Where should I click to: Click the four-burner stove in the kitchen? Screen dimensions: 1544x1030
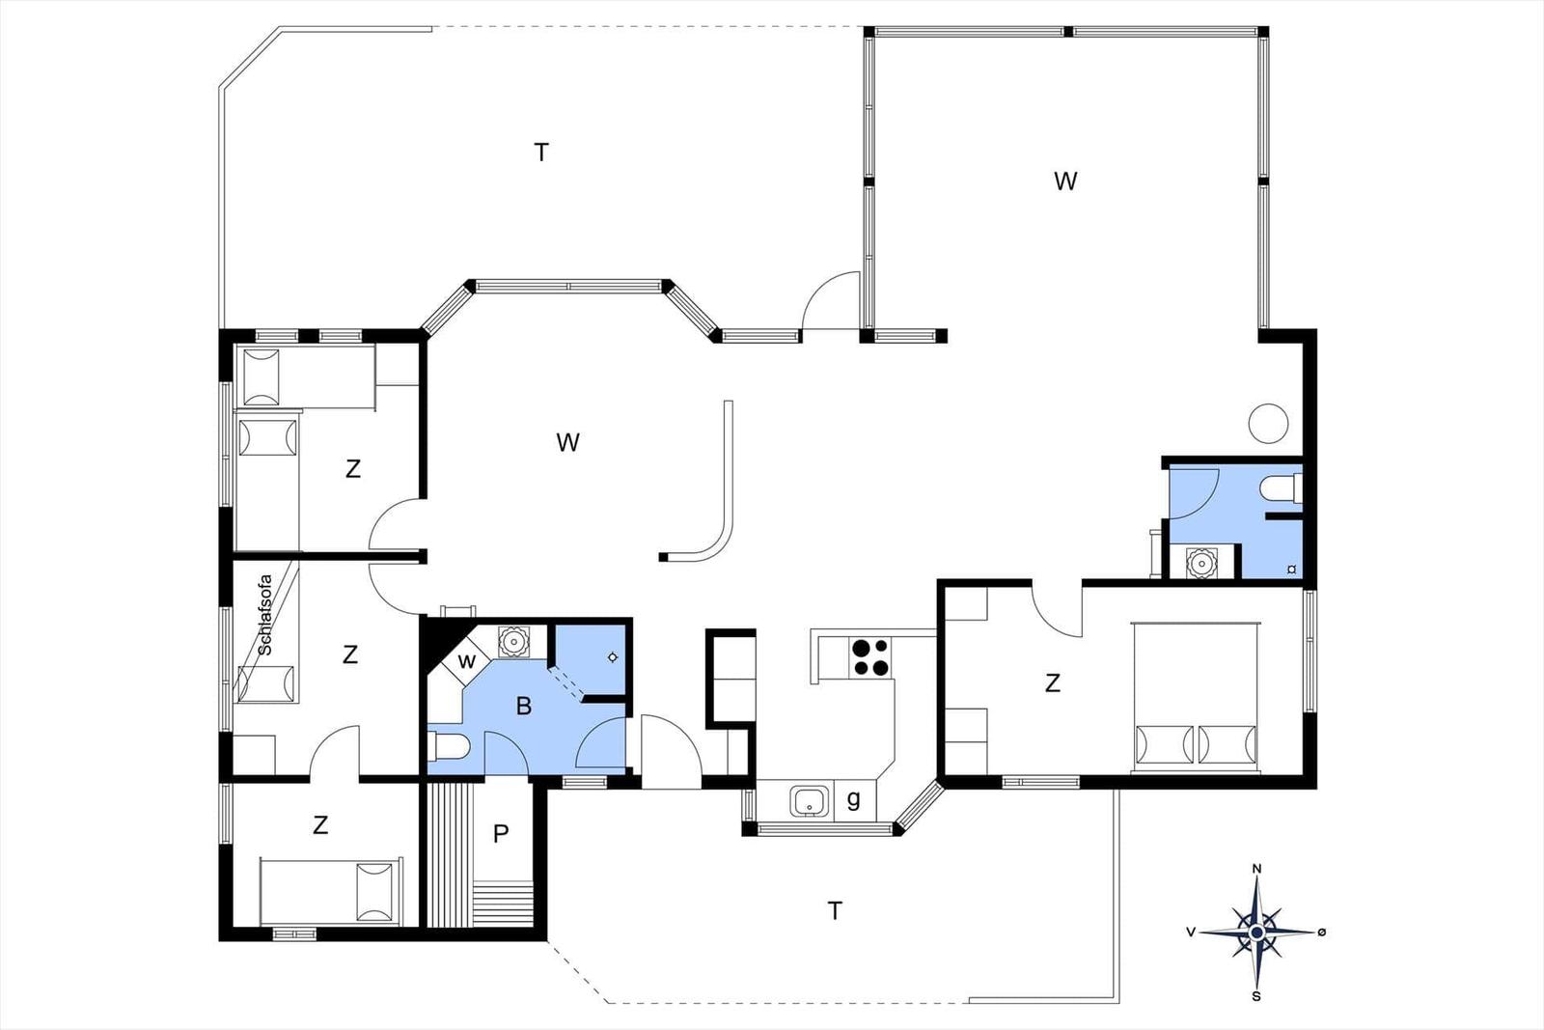point(869,657)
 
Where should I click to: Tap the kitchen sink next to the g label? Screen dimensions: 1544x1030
point(810,802)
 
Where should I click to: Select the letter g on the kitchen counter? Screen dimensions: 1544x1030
point(853,799)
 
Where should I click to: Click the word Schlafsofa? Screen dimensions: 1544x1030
point(264,614)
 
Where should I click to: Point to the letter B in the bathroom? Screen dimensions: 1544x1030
point(524,706)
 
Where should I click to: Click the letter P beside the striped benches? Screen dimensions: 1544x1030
point(501,834)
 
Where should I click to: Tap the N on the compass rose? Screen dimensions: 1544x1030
point(1256,870)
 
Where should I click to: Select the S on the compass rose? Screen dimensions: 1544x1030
point(1256,996)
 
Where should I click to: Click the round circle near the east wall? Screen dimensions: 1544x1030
point(1268,423)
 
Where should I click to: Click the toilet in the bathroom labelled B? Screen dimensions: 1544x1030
point(449,745)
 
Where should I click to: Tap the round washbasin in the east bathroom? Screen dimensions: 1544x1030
point(1202,563)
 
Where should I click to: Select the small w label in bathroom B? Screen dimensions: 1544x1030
point(467,661)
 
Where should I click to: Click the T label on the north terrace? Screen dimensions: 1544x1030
point(541,152)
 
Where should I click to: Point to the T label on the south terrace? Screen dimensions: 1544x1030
point(835,910)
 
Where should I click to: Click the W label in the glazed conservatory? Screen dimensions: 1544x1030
point(1065,181)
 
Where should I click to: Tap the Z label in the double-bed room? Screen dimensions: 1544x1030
point(1053,683)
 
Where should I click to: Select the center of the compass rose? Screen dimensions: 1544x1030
point(1256,933)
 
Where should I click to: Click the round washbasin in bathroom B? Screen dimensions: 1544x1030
point(512,642)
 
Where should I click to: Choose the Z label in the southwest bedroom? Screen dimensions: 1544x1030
point(319,824)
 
